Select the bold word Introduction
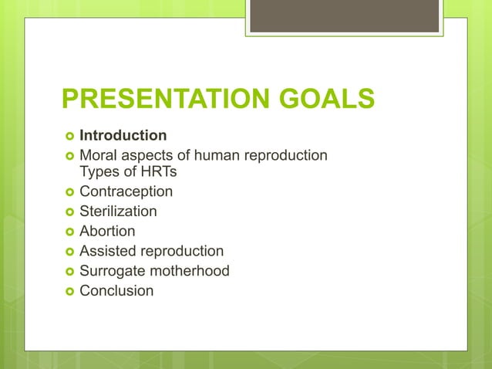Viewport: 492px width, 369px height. [123, 137]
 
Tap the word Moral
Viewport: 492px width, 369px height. [99, 156]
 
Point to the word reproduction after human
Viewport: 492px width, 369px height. [286, 156]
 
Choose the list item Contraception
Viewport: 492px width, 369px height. [126, 191]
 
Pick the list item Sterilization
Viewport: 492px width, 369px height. [118, 211]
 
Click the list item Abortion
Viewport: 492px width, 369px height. [107, 231]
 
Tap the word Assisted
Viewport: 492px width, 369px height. [109, 251]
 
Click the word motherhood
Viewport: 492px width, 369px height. [190, 271]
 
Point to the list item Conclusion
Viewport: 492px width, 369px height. [116, 291]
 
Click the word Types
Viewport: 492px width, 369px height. [99, 171]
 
